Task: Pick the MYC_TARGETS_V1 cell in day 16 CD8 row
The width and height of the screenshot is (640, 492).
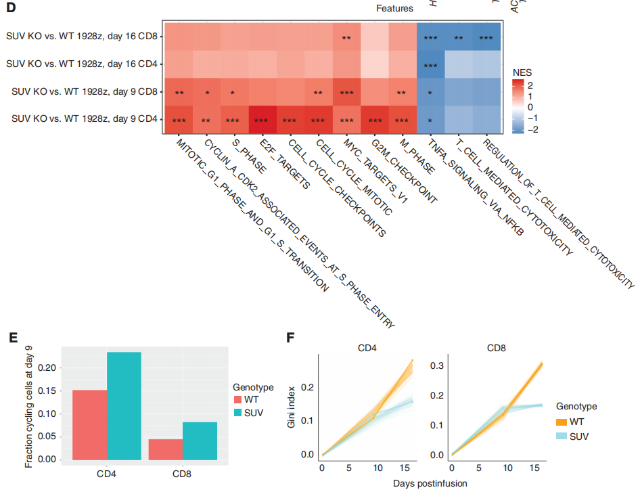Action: coord(347,37)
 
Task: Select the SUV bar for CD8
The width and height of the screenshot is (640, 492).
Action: coord(200,441)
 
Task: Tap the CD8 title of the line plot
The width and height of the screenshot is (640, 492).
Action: coord(495,349)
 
